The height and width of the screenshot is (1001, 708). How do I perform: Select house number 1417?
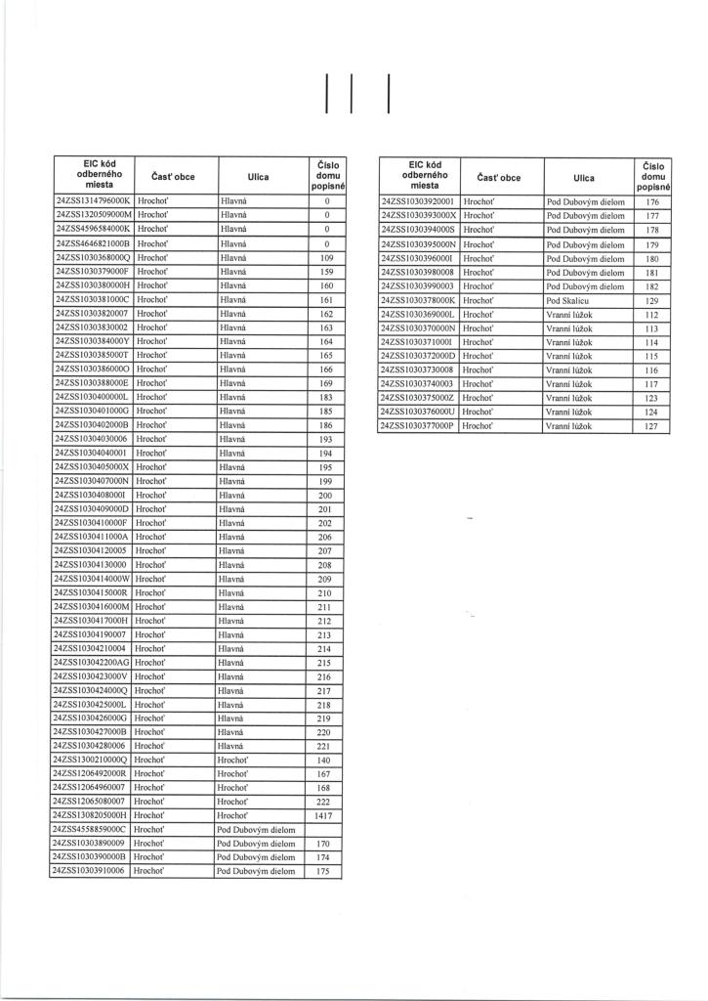pos(327,814)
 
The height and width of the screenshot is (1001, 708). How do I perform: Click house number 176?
pos(653,201)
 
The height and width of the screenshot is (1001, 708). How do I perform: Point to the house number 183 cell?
pos(327,398)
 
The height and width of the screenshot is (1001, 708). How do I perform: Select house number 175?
pos(327,870)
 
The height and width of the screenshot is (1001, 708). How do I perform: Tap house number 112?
pos(653,315)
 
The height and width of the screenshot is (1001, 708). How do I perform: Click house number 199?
pos(327,481)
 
